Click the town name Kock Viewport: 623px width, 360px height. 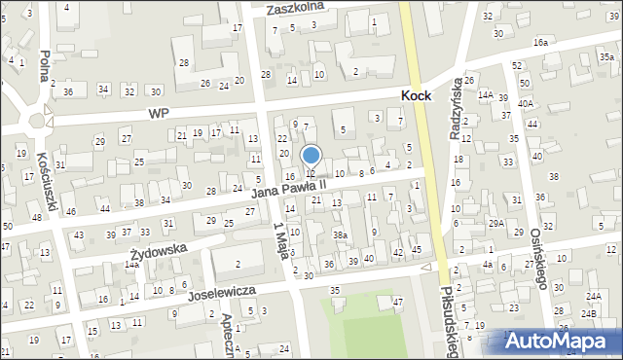[423, 96]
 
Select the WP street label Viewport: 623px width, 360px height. [159, 113]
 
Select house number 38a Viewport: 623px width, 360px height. [339, 235]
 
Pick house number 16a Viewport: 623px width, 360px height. [539, 43]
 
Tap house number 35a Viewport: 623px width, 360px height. [605, 57]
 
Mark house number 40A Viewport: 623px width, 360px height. [526, 103]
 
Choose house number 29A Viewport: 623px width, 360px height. [495, 224]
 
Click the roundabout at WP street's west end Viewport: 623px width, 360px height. [40, 122]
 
